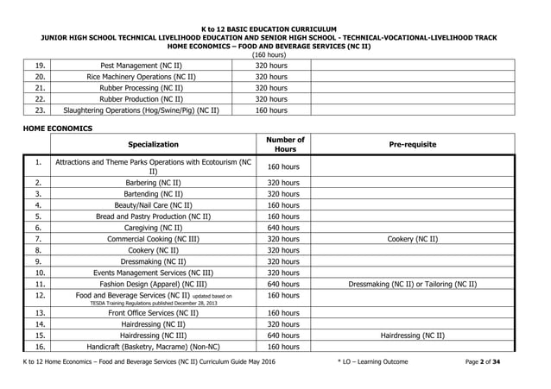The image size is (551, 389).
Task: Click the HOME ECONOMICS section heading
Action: pos(57,129)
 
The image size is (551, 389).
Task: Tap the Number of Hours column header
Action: pos(284,144)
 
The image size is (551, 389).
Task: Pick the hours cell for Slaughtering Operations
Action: pos(272,110)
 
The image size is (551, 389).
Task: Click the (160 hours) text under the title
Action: pos(274,55)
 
